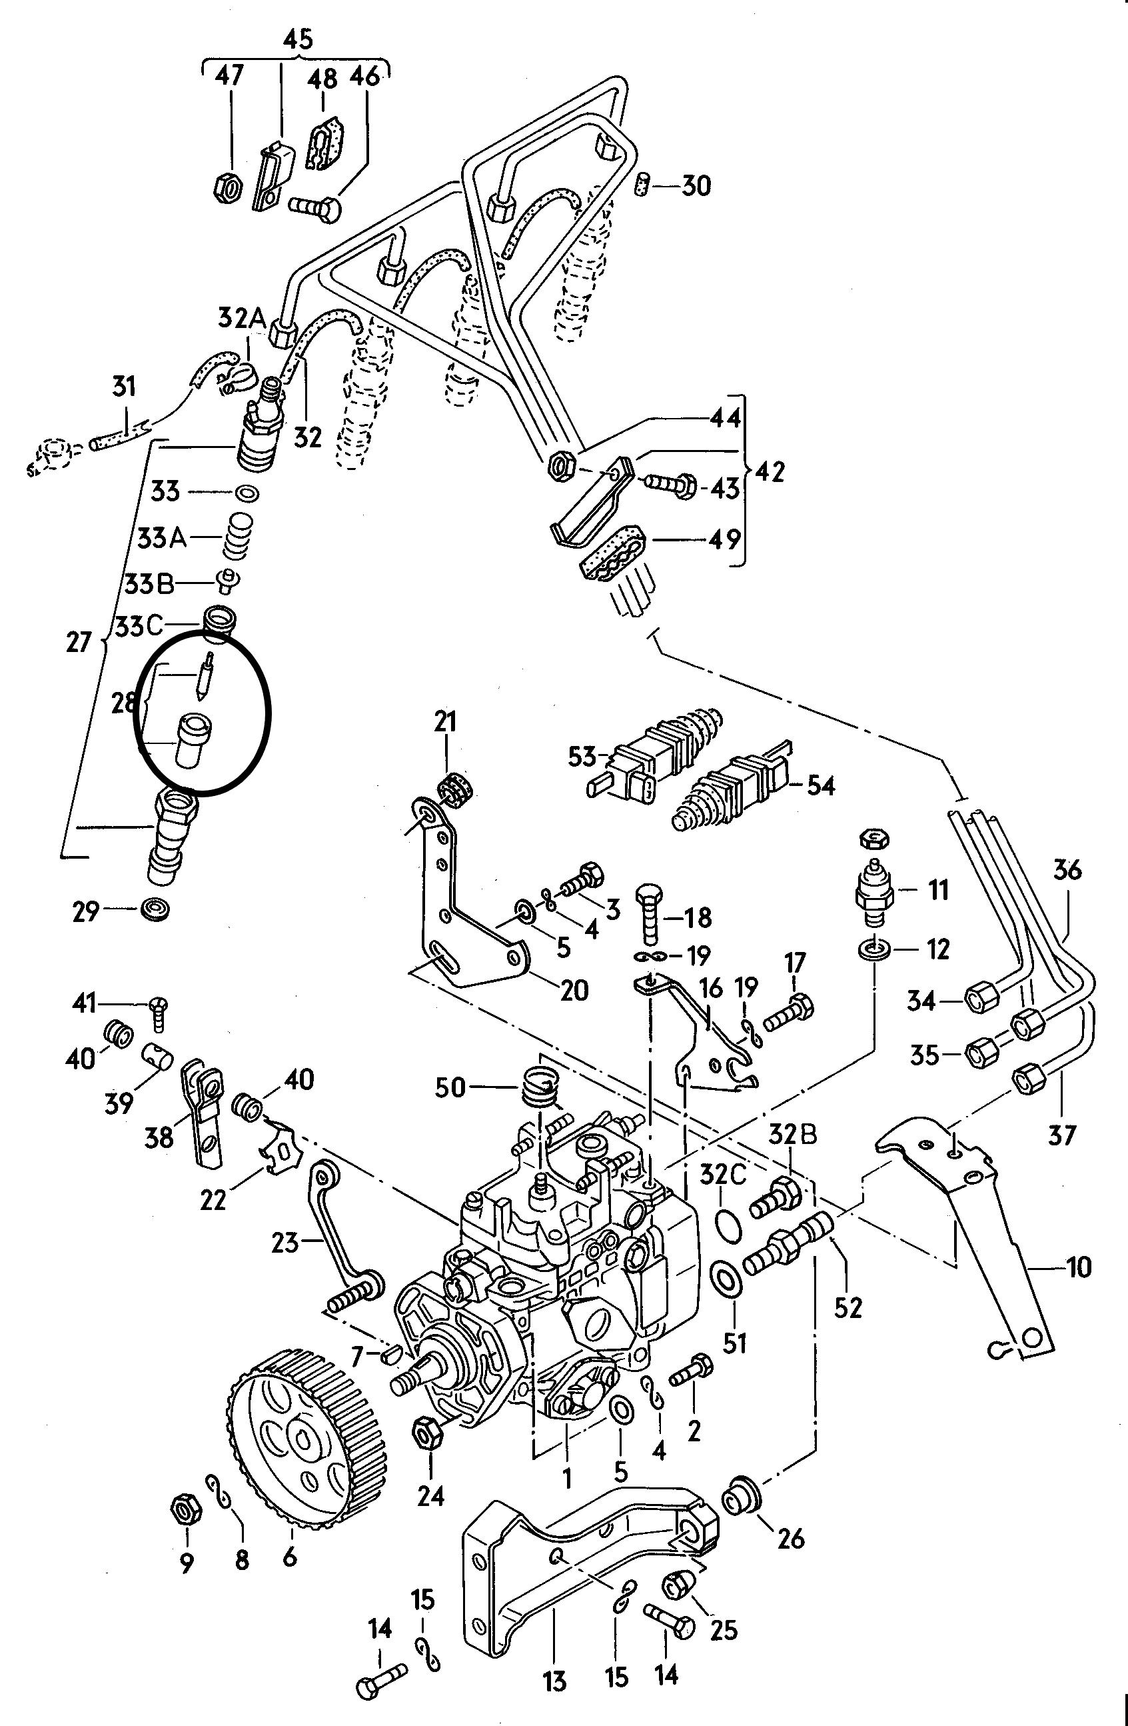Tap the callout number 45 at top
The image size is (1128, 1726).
298,39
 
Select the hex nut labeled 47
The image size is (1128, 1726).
229,189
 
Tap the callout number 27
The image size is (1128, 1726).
79,642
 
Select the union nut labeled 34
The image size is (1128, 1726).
982,1000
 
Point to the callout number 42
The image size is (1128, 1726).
770,472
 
